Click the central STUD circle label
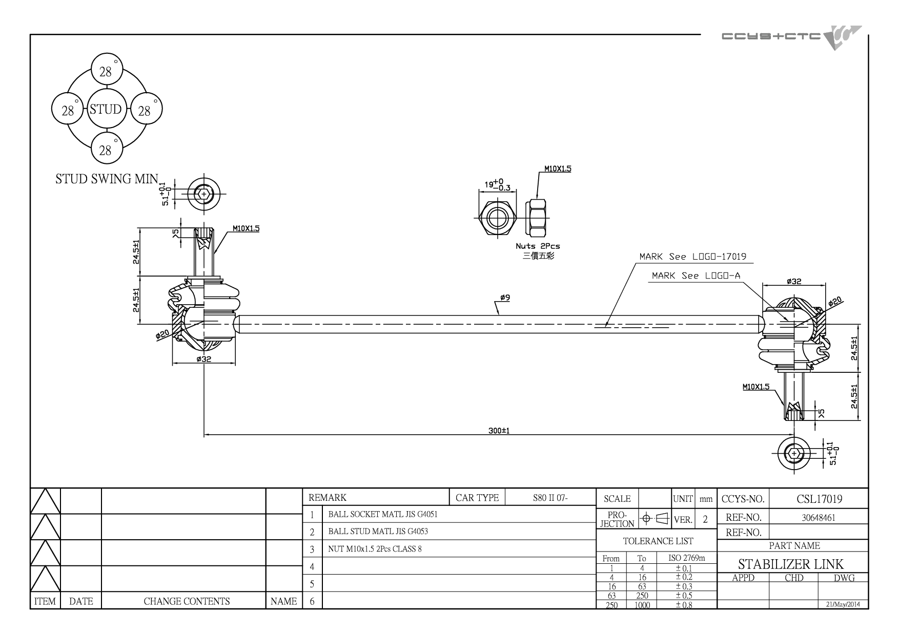pos(105,109)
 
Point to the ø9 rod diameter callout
pos(505,298)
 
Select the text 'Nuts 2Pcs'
pos(538,246)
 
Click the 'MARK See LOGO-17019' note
pos(692,256)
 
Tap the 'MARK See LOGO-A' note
pos(696,276)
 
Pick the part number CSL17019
pos(820,499)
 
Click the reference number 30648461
pos(819,518)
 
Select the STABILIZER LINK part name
pos(791,564)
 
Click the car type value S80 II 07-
pos(550,498)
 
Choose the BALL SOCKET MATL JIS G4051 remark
pos(383,514)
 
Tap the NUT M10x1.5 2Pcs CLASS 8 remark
pos(375,549)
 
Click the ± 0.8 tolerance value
pos(684,605)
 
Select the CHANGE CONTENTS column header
pos(187,601)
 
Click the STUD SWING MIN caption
pos(107,179)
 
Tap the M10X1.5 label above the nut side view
pos(558,168)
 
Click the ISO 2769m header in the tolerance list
pos(687,558)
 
